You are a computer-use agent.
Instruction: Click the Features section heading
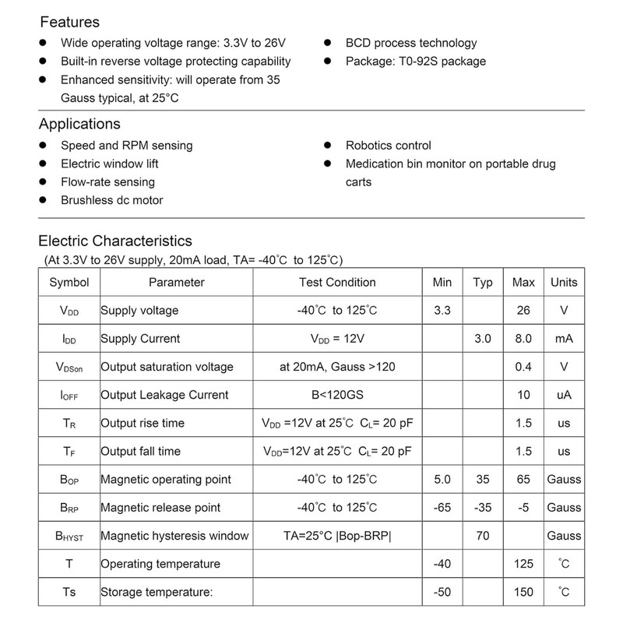point(69,22)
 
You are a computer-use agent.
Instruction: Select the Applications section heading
point(79,124)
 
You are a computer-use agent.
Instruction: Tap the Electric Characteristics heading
point(115,241)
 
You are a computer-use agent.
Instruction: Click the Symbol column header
point(69,282)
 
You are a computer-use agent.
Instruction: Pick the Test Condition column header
point(337,282)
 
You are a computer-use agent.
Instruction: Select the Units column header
point(564,282)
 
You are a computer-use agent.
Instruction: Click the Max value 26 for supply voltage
point(523,310)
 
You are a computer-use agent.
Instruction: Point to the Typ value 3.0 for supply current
point(483,339)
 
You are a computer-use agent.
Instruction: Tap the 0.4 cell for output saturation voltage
point(523,367)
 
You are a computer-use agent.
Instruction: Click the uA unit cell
point(564,395)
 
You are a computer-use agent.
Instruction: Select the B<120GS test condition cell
point(337,395)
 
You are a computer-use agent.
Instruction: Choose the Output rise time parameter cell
point(143,423)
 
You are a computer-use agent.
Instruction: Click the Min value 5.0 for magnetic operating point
point(442,479)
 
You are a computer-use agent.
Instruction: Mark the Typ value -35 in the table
point(483,507)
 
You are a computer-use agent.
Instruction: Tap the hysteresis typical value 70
point(483,535)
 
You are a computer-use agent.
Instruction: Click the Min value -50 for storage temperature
point(442,592)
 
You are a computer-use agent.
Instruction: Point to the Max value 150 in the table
point(523,592)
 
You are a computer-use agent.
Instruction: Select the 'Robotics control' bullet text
point(388,146)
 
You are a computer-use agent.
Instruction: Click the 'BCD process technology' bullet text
point(411,43)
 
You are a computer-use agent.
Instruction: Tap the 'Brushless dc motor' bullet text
point(112,200)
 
